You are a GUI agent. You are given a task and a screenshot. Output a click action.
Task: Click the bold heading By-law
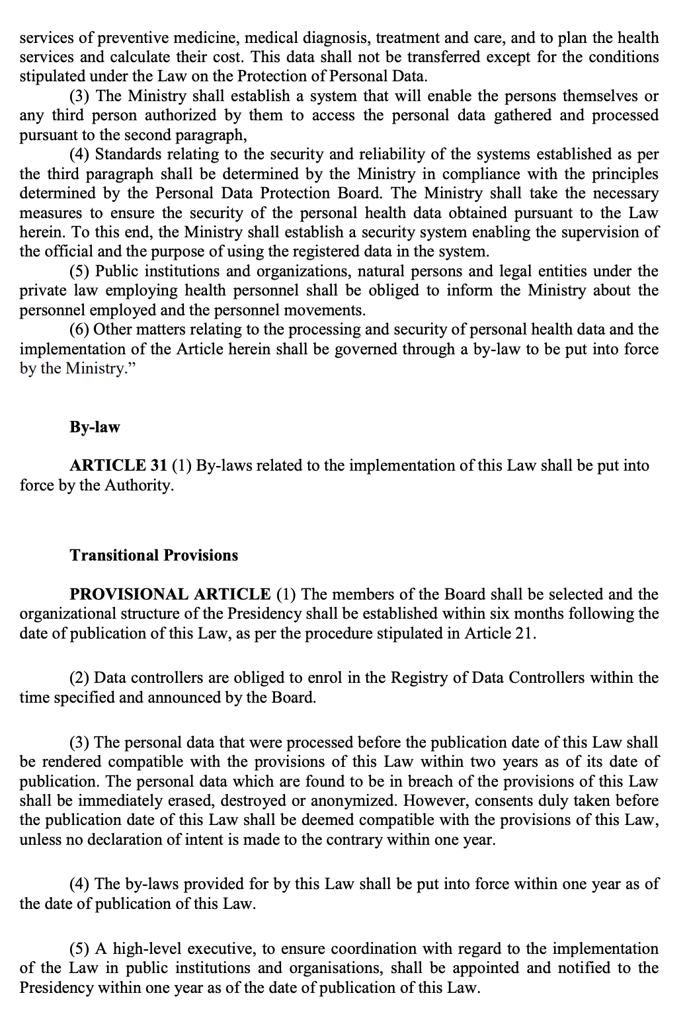pyautogui.click(x=95, y=427)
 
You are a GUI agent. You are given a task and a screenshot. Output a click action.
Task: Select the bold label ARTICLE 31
pyautogui.click(x=118, y=466)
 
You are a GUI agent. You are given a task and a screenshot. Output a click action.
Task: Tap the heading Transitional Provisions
pyautogui.click(x=154, y=555)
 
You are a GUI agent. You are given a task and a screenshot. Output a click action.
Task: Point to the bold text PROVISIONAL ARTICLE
pyautogui.click(x=170, y=594)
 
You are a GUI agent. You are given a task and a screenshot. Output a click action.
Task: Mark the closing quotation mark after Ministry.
pyautogui.click(x=130, y=368)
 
